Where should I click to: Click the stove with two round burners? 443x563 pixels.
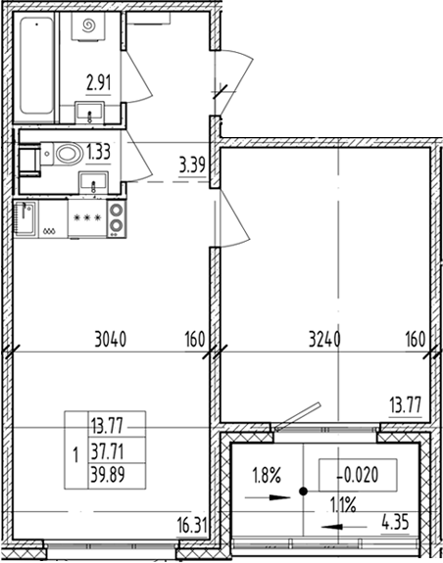point(117,218)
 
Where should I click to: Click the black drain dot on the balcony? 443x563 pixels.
point(304,492)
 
